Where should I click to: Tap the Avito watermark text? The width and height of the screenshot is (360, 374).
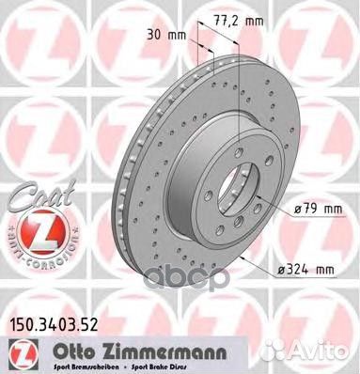click(x=325, y=350)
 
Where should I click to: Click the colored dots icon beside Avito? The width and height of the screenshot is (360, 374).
click(x=291, y=350)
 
